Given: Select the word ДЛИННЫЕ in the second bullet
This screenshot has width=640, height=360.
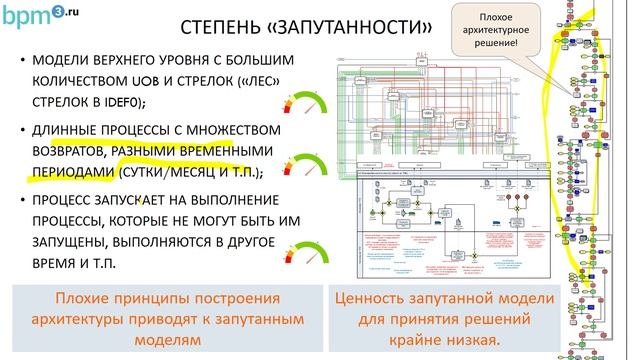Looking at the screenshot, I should [x=71, y=131].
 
